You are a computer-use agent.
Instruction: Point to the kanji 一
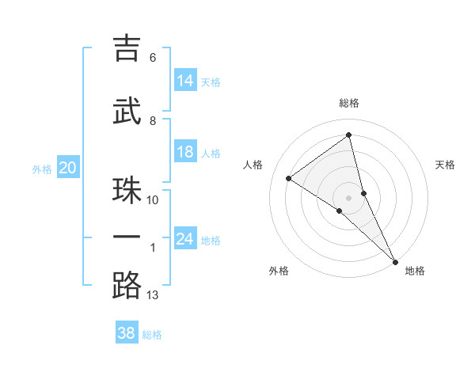(127, 237)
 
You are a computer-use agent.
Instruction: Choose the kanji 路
(127, 285)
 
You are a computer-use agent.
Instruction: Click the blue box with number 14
(185, 80)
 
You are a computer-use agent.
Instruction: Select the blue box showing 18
(185, 152)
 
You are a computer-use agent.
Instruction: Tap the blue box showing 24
(185, 239)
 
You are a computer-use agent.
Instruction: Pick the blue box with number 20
(68, 168)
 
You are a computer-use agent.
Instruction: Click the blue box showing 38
(127, 333)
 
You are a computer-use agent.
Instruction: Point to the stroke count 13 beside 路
(153, 295)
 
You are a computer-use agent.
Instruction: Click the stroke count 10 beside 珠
(153, 199)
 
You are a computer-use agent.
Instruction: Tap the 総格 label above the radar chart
(349, 103)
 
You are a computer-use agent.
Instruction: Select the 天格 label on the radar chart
(445, 165)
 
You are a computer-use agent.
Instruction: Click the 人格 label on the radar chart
(253, 165)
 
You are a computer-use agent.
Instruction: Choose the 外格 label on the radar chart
(279, 271)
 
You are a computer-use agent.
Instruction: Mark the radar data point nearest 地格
(395, 260)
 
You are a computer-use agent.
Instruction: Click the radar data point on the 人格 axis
(289, 178)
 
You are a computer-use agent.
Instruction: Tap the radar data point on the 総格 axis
(349, 135)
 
